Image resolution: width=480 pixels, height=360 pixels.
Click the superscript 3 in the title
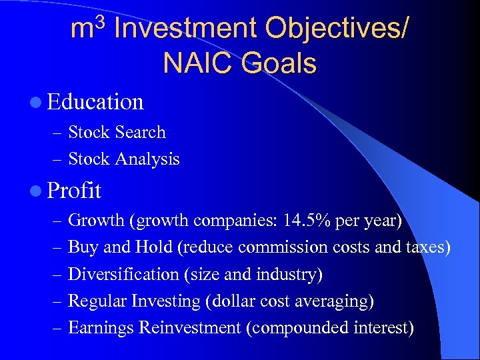click(x=100, y=19)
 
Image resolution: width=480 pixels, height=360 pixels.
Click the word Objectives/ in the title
click(x=337, y=29)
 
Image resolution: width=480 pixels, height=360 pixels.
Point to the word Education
click(x=95, y=102)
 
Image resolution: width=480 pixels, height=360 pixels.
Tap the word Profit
click(x=74, y=191)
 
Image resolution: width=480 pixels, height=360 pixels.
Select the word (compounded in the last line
click(x=305, y=328)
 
